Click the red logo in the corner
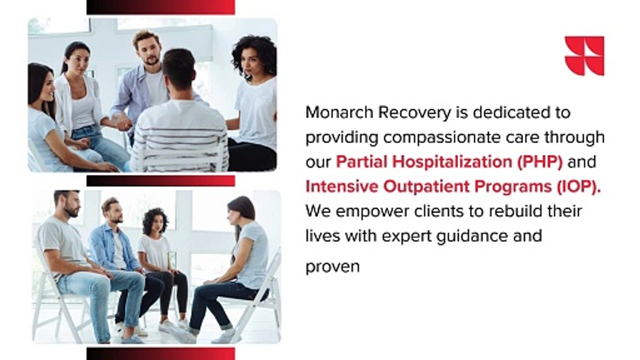[584, 55]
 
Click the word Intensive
[340, 186]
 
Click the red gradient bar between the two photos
[160, 180]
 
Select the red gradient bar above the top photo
[160, 7]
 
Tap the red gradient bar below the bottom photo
[160, 353]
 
